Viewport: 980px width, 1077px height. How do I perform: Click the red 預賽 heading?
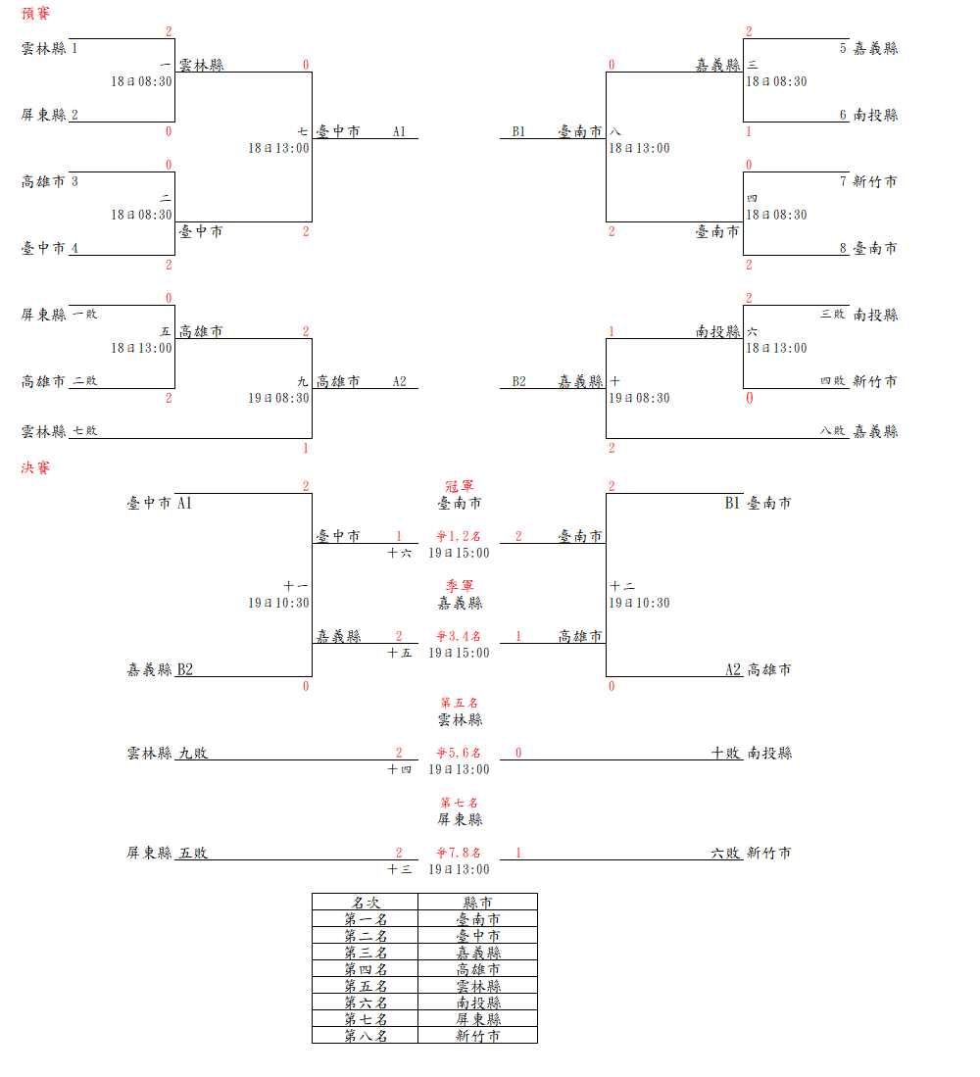click(x=36, y=14)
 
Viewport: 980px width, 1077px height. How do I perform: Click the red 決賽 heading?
click(x=36, y=467)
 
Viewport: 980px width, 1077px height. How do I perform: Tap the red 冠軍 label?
click(x=460, y=486)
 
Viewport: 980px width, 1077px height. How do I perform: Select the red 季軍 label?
click(x=460, y=586)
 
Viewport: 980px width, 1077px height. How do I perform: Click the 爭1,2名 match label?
click(x=459, y=536)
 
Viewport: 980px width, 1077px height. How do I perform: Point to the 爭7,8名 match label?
click(x=459, y=853)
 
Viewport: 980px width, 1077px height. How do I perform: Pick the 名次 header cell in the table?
click(x=365, y=903)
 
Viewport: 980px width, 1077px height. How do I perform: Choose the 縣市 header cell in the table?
click(x=477, y=903)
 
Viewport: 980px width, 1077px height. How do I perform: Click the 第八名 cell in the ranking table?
click(x=365, y=1035)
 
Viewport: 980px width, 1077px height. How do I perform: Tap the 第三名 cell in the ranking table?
click(x=365, y=952)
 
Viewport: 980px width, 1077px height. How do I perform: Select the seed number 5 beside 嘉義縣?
click(x=843, y=48)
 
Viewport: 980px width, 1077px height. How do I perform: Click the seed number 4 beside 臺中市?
click(x=74, y=248)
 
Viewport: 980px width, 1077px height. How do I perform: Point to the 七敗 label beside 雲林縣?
click(x=84, y=430)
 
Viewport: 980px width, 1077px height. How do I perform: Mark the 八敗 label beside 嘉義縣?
click(x=833, y=430)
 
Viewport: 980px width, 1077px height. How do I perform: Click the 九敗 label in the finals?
click(x=192, y=753)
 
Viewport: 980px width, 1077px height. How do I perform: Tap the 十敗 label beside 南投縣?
click(x=726, y=753)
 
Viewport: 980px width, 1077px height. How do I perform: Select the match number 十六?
click(x=399, y=554)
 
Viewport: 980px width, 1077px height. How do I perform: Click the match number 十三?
click(x=399, y=869)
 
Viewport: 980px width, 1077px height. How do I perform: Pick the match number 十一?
click(x=296, y=586)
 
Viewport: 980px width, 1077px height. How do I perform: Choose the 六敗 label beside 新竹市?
click(x=726, y=853)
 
